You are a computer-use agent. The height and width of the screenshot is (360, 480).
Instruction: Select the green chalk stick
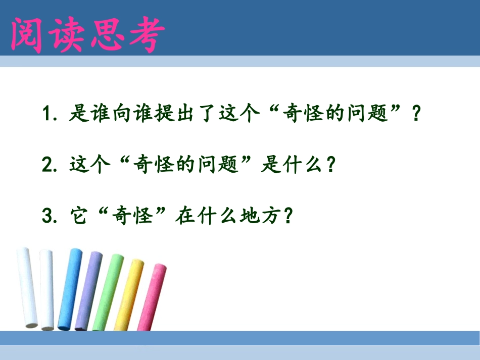pos(107,293)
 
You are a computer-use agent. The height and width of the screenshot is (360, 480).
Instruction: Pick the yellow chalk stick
pos(128,295)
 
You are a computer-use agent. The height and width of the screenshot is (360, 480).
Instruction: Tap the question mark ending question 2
pos(331,165)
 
